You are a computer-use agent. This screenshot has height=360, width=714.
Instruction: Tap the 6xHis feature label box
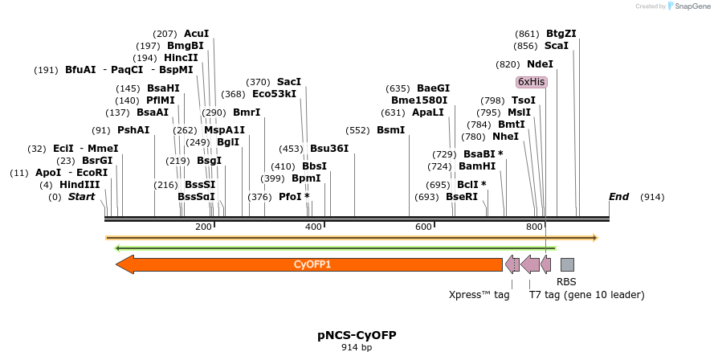(531, 82)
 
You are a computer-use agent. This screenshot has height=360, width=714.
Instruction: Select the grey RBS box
(567, 264)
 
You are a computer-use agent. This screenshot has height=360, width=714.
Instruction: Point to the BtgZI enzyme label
(561, 34)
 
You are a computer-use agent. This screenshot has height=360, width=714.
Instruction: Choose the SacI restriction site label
(289, 82)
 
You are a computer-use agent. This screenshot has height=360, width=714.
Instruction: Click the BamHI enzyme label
(477, 166)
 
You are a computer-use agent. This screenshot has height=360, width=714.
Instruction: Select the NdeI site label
(541, 64)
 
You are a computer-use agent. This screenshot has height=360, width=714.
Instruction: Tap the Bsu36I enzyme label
(329, 149)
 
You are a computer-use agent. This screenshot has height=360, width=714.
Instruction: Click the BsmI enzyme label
(391, 130)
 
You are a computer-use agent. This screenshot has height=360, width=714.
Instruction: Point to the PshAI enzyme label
(133, 130)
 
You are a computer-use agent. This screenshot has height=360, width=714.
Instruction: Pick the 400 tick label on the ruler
(314, 227)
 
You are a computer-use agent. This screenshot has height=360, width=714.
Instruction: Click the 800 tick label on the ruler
(535, 227)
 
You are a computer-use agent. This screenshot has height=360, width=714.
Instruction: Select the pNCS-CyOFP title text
(357, 335)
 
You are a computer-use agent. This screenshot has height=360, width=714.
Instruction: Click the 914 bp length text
(357, 348)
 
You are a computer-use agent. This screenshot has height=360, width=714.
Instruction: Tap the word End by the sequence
(618, 197)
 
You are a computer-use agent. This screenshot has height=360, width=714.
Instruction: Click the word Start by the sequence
(81, 197)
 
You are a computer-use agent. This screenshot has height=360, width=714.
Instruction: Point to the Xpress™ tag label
(479, 295)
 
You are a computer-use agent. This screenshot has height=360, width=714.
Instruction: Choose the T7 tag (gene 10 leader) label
(586, 295)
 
